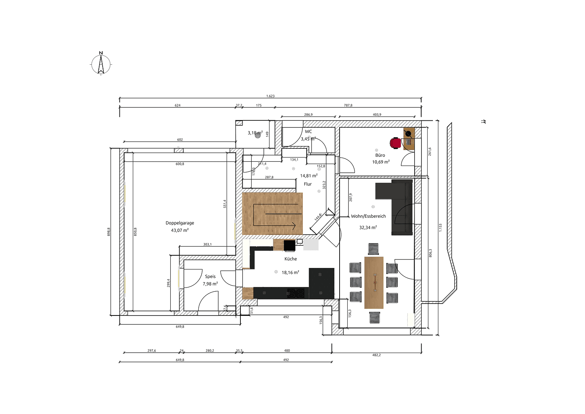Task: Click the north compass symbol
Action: [101, 64]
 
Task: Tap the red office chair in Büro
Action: [395, 143]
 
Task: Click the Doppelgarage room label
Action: [180, 223]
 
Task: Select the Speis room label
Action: [210, 276]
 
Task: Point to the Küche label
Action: [291, 259]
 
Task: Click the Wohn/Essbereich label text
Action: [368, 216]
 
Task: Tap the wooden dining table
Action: [374, 283]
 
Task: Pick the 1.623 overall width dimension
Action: [270, 96]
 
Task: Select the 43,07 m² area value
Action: [180, 230]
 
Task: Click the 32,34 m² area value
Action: [368, 227]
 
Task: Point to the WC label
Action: [308, 131]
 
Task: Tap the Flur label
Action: [308, 184]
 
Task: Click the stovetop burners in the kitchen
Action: [296, 293]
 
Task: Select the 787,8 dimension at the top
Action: [348, 105]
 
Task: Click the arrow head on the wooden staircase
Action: [294, 226]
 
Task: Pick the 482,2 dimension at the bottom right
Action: [376, 355]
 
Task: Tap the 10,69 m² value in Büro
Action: [381, 162]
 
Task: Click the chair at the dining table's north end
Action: [373, 249]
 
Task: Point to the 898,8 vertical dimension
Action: [109, 232]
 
